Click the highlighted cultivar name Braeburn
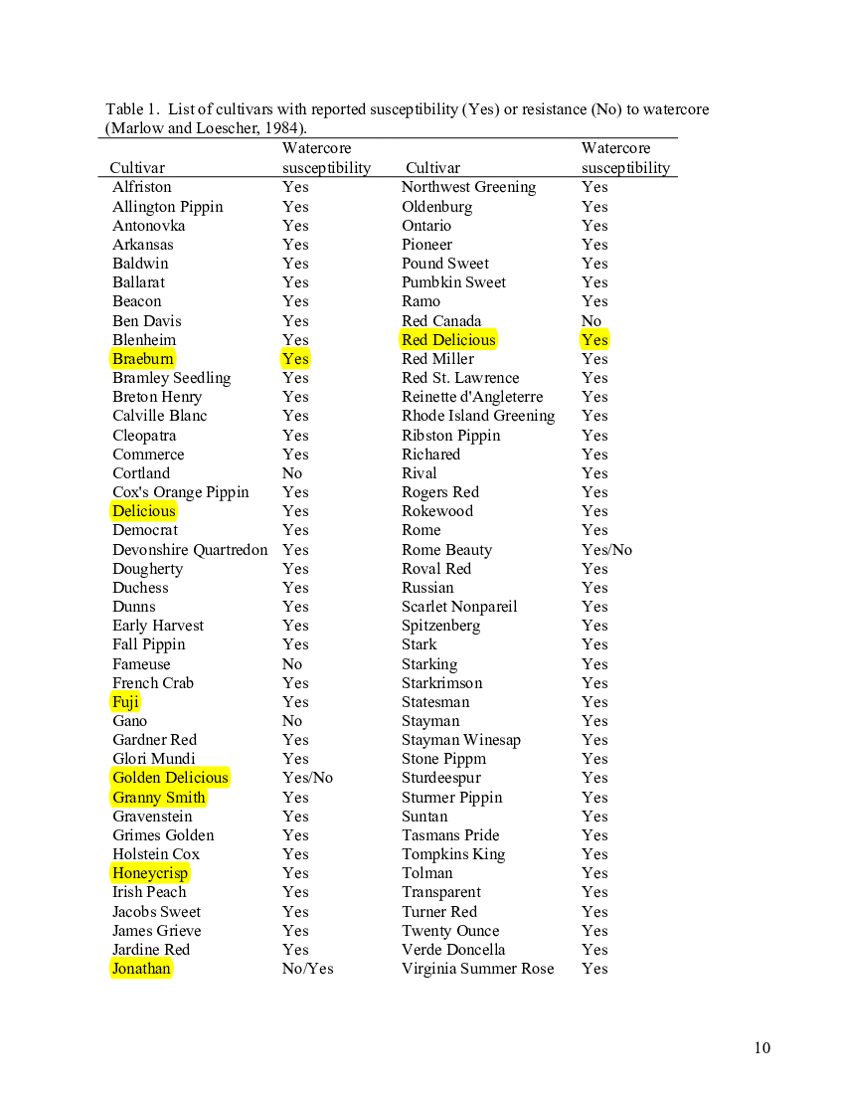tap(143, 359)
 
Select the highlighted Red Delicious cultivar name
tap(448, 340)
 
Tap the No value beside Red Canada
tap(591, 321)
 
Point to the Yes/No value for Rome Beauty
tap(606, 550)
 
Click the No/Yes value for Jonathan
tap(307, 969)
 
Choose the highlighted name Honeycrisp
tap(150, 873)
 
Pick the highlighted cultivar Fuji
tap(125, 702)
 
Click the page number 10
tap(762, 1047)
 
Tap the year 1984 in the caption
tap(281, 127)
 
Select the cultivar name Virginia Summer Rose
tap(477, 969)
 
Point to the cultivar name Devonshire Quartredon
tap(190, 550)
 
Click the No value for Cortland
tap(292, 473)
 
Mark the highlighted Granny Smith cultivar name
tap(159, 798)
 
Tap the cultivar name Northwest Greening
tap(468, 187)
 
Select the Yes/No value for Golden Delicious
tap(307, 778)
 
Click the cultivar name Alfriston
tap(141, 187)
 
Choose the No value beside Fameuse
tap(292, 664)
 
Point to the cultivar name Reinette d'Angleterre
tap(472, 397)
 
